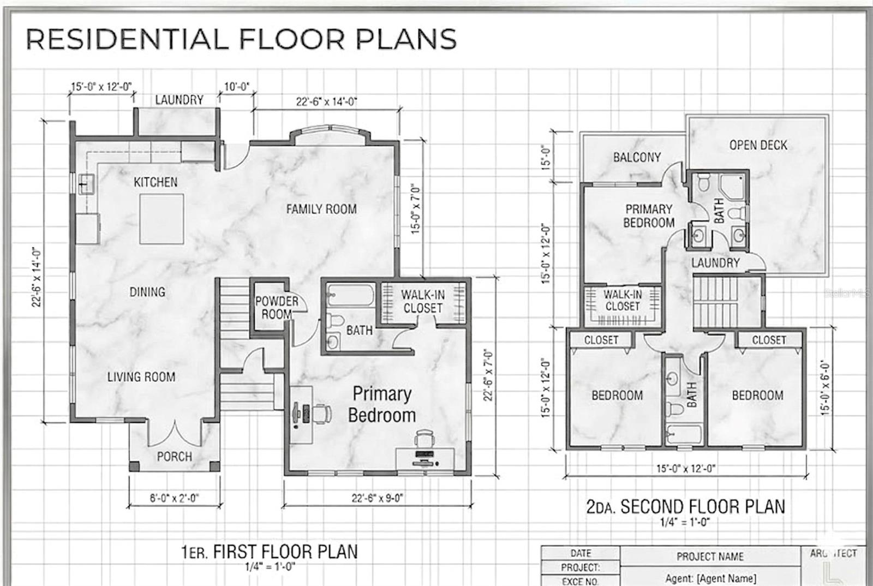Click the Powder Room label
[277, 308]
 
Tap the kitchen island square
[162, 219]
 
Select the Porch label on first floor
[174, 456]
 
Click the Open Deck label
[758, 145]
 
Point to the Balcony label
[637, 157]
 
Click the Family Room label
[321, 209]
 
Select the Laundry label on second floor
[715, 263]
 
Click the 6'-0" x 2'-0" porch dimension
[174, 498]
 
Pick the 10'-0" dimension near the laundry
[236, 87]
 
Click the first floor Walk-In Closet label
[423, 301]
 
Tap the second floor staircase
[713, 301]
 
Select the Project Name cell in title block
[710, 557]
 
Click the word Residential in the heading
[126, 39]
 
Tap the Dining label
[147, 292]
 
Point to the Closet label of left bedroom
[601, 340]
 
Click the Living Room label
[141, 376]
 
